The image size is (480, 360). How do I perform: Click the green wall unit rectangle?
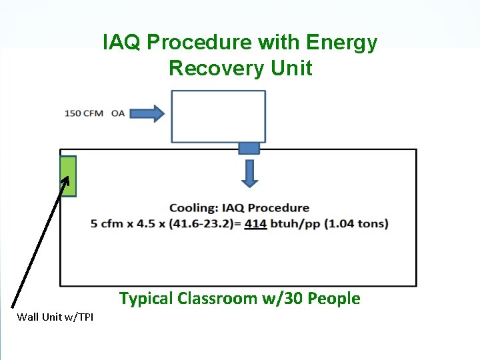(x=68, y=177)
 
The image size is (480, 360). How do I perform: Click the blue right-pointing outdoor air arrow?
(x=147, y=113)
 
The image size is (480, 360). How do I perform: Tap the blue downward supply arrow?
(x=249, y=172)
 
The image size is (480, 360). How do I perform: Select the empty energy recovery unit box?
(x=218, y=117)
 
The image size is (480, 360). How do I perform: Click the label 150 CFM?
(x=84, y=113)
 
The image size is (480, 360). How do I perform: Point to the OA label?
(x=118, y=113)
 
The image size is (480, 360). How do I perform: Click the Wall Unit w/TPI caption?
(x=55, y=317)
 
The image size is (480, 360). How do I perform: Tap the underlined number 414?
(x=256, y=223)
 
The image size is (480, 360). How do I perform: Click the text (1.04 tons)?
(x=356, y=223)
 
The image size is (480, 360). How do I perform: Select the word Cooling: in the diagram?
(x=193, y=208)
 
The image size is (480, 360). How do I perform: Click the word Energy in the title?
(x=341, y=43)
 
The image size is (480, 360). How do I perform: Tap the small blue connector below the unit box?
(x=249, y=148)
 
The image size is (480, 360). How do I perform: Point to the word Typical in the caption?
(x=146, y=299)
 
